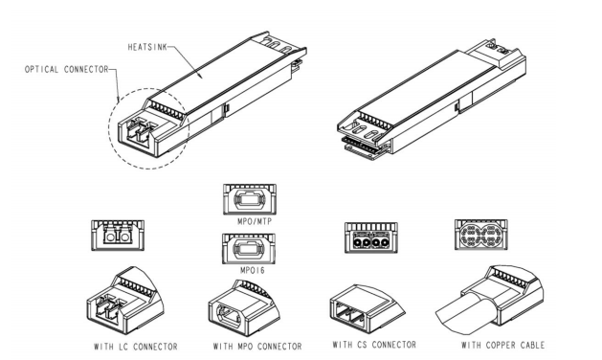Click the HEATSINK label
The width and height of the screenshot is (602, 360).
147,47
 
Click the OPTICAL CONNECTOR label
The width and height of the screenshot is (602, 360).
66,70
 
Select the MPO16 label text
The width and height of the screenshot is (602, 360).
253,270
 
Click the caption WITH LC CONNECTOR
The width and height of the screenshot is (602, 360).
136,347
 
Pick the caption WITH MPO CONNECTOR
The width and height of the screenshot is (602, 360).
257,347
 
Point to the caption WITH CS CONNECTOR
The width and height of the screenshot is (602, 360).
374,345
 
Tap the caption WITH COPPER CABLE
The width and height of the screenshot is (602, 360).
503,345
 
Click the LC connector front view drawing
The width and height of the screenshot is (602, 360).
118,236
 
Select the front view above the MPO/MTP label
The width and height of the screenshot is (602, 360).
250,199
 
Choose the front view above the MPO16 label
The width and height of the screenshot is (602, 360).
249,248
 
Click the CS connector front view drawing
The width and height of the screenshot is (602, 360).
371,237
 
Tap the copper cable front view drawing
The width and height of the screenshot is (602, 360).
481,235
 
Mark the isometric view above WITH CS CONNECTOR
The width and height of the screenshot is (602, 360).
367,307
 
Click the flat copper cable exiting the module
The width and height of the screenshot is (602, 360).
466,310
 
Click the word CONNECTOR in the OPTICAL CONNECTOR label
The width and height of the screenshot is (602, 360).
86,70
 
